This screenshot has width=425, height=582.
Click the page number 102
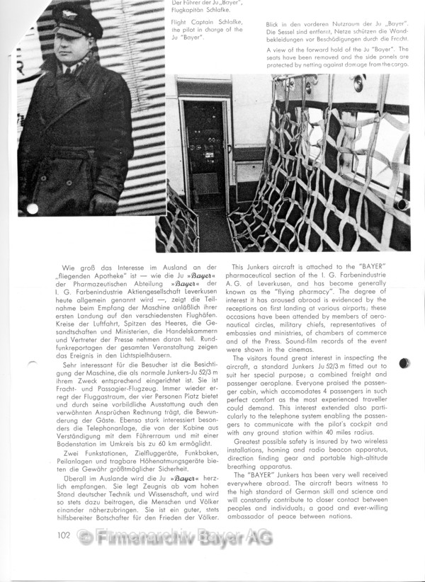point(64,535)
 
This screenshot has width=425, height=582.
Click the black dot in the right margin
point(404,363)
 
